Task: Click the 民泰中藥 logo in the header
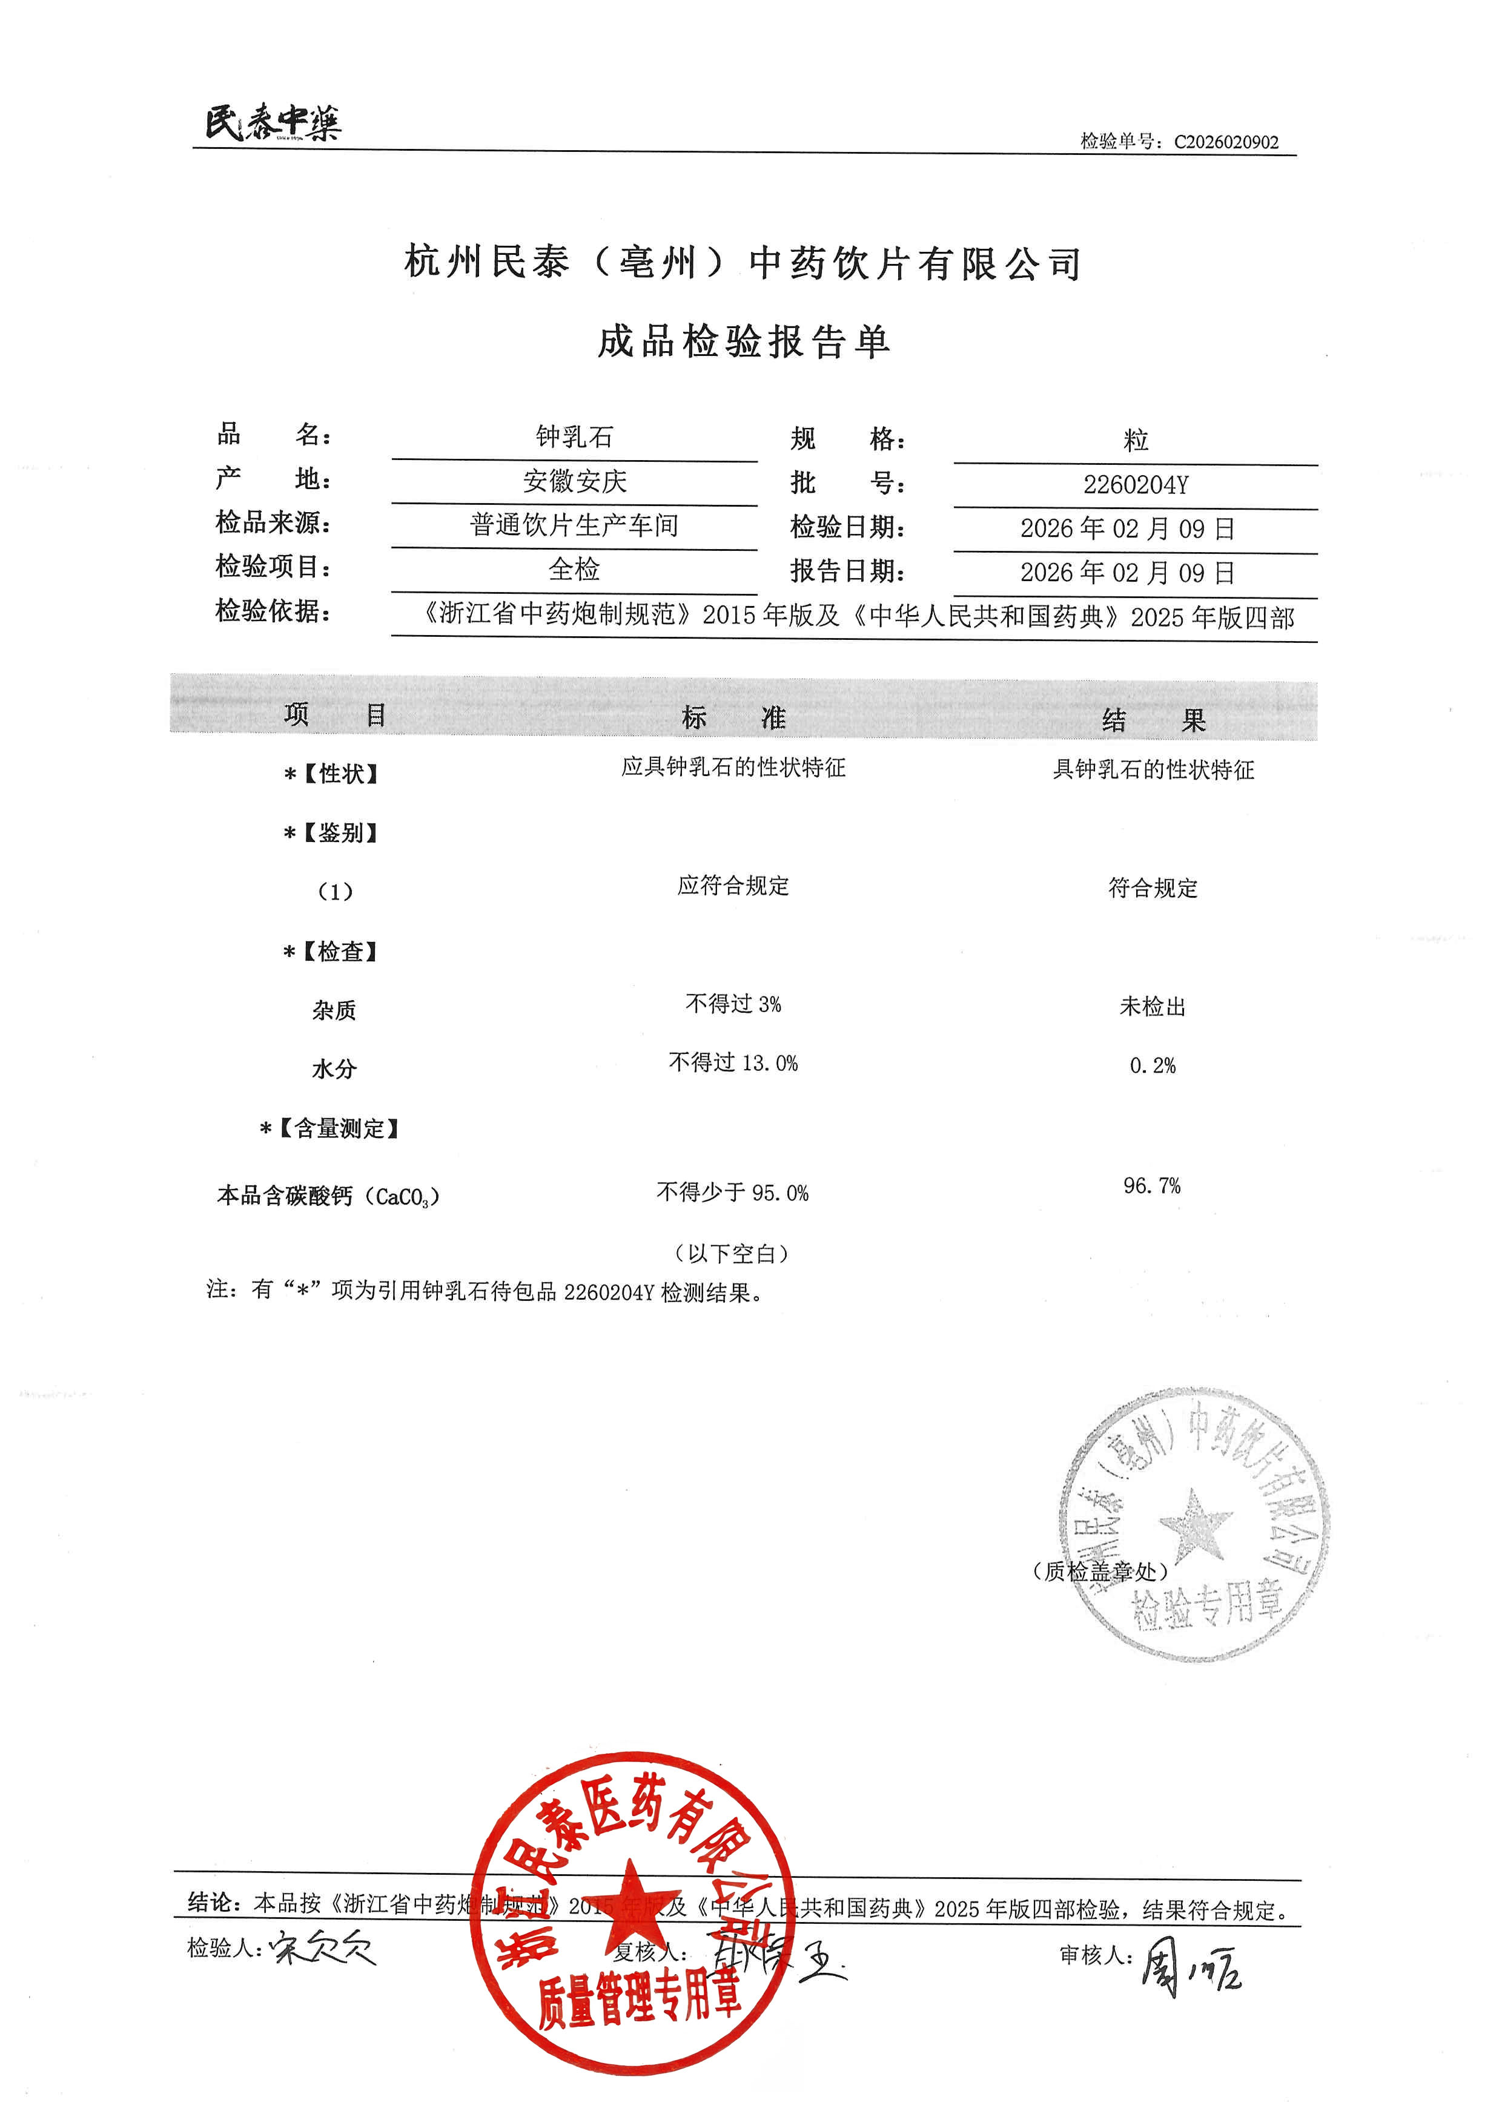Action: pyautogui.click(x=273, y=123)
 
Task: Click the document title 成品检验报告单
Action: pyautogui.click(x=744, y=342)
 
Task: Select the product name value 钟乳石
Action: pyautogui.click(x=574, y=436)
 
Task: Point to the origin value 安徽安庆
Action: pyautogui.click(x=574, y=481)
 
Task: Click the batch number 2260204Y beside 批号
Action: pyautogui.click(x=1135, y=484)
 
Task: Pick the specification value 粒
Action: pyautogui.click(x=1135, y=440)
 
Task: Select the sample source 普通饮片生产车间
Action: pyautogui.click(x=574, y=525)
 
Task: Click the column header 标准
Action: pyautogui.click(x=733, y=717)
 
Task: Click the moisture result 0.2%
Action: pyautogui.click(x=1153, y=1066)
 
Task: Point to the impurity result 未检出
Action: pyautogui.click(x=1153, y=1007)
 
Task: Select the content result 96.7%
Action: pyautogui.click(x=1151, y=1185)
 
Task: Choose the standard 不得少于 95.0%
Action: pyautogui.click(x=732, y=1193)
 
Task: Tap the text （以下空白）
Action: pyautogui.click(x=732, y=1254)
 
